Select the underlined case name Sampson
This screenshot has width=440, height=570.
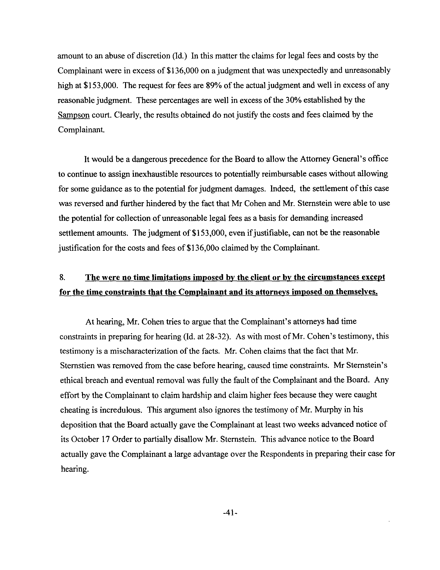coord(73,115)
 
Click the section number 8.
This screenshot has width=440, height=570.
coord(62,277)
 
